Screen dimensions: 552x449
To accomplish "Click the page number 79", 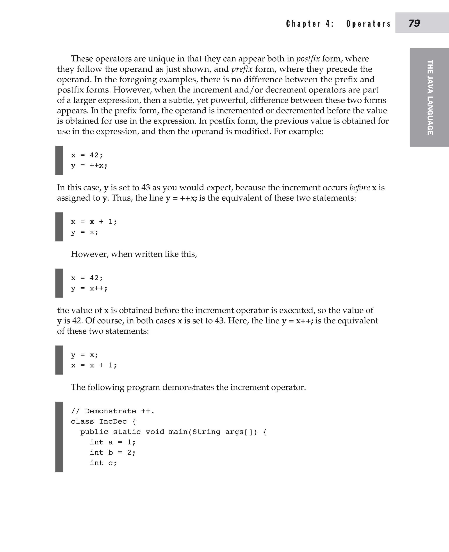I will click(x=414, y=23).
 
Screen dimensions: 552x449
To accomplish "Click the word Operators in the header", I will click(x=368, y=24).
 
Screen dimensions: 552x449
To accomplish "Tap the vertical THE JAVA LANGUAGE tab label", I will click(x=430, y=97).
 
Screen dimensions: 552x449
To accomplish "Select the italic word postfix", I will click(x=308, y=59).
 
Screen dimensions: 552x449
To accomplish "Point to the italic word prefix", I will click(x=242, y=69).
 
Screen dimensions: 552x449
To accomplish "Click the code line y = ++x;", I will click(x=89, y=165).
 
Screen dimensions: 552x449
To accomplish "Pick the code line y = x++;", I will click(x=89, y=288).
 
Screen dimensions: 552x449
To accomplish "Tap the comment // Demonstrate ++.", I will click(x=112, y=411).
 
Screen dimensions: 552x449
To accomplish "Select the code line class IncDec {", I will click(x=103, y=421).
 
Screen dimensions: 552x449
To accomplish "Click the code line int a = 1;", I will click(x=112, y=442).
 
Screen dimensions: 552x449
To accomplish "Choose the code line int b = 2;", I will click(x=112, y=453).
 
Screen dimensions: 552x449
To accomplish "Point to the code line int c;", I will click(x=103, y=463).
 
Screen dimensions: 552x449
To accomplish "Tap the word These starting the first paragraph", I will click(x=82, y=59).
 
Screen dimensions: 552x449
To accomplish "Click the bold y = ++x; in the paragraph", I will click(x=181, y=198).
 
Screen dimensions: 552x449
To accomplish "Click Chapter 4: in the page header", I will click(x=310, y=24).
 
